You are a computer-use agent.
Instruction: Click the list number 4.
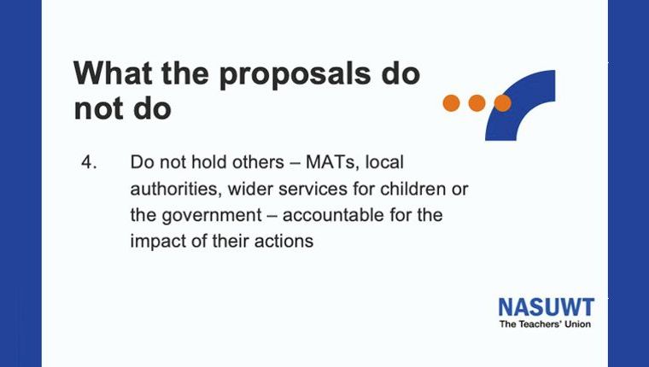89,162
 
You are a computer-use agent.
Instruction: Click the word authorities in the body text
173,189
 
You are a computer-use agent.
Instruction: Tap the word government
212,216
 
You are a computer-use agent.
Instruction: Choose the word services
313,189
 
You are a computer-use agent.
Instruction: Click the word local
384,162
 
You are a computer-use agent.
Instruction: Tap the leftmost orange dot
451,103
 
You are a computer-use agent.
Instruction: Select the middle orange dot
477,103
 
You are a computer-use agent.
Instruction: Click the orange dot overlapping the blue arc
502,103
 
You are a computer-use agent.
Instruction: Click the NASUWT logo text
547,307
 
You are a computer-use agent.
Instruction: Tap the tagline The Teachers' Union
545,324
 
